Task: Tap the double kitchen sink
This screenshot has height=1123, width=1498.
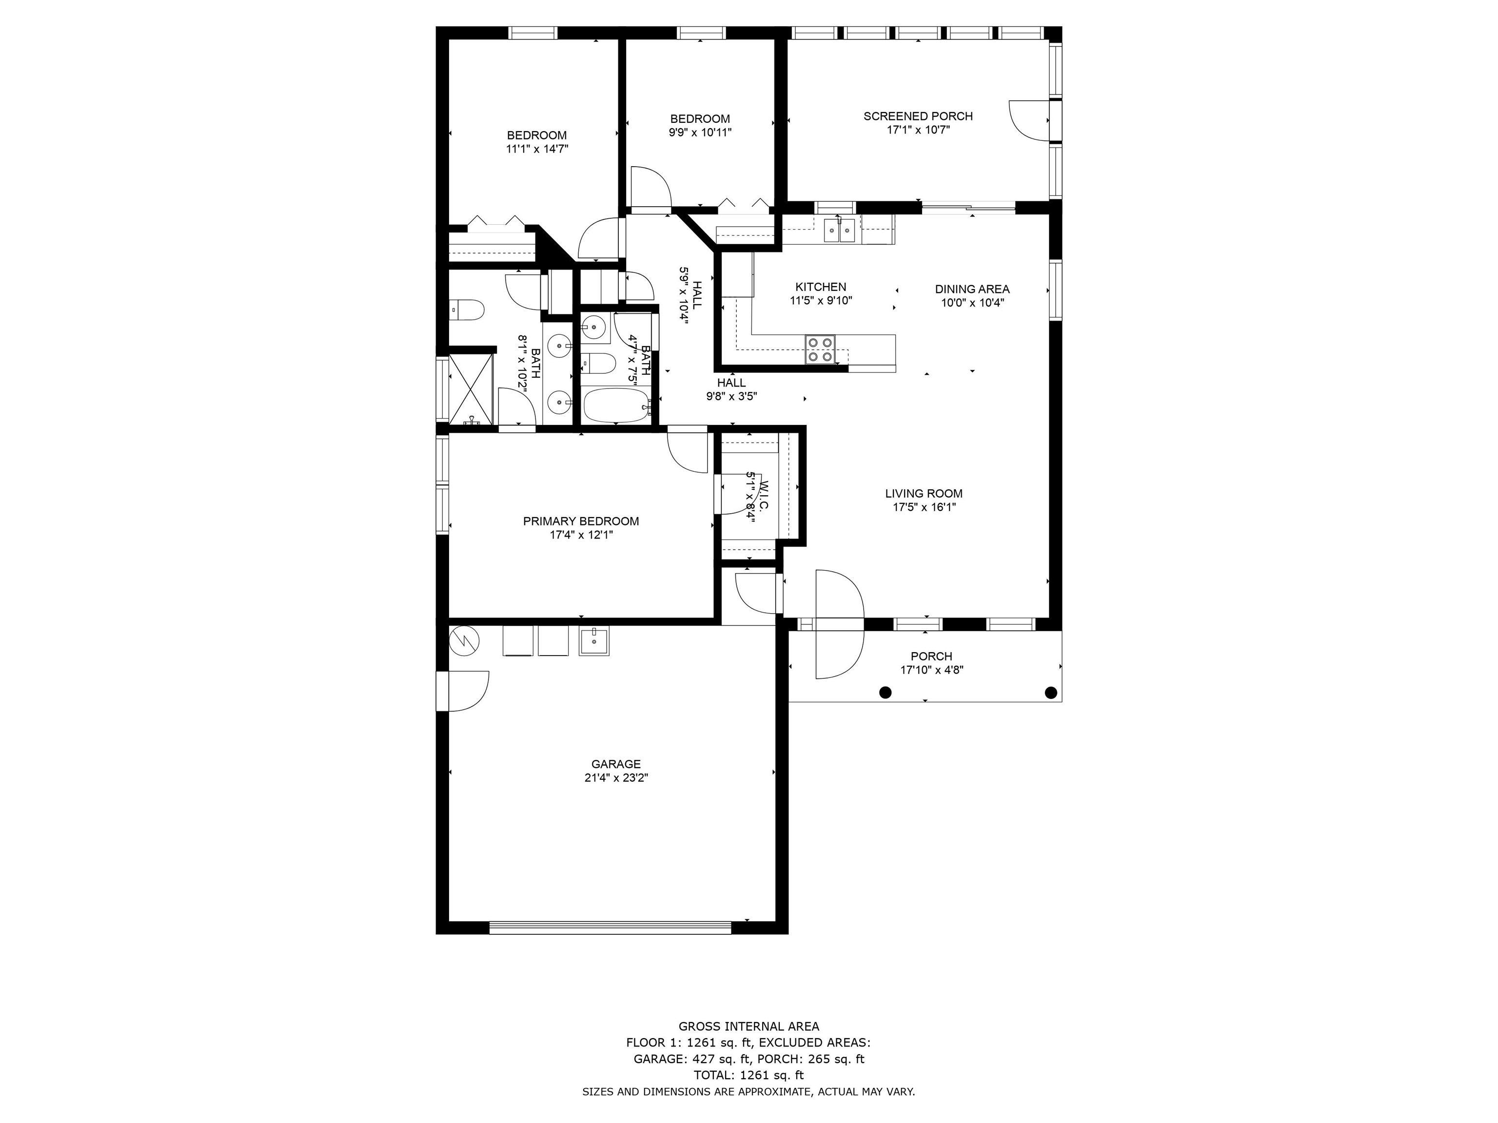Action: click(840, 230)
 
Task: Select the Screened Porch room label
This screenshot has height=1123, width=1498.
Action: click(918, 116)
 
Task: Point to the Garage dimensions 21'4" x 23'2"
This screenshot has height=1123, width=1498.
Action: click(616, 778)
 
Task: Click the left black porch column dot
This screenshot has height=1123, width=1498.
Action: click(885, 692)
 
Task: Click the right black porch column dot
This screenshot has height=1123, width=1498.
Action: click(1051, 692)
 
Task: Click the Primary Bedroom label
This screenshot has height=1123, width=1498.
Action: click(581, 521)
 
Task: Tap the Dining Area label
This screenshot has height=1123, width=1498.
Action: click(972, 289)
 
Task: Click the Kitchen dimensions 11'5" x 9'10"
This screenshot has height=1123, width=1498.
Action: click(821, 301)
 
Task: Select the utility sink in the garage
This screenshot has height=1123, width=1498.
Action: click(594, 640)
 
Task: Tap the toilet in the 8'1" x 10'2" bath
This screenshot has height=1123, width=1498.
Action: click(467, 310)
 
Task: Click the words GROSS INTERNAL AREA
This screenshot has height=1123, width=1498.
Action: click(749, 1026)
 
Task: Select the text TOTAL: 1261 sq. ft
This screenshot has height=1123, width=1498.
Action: click(749, 1075)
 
